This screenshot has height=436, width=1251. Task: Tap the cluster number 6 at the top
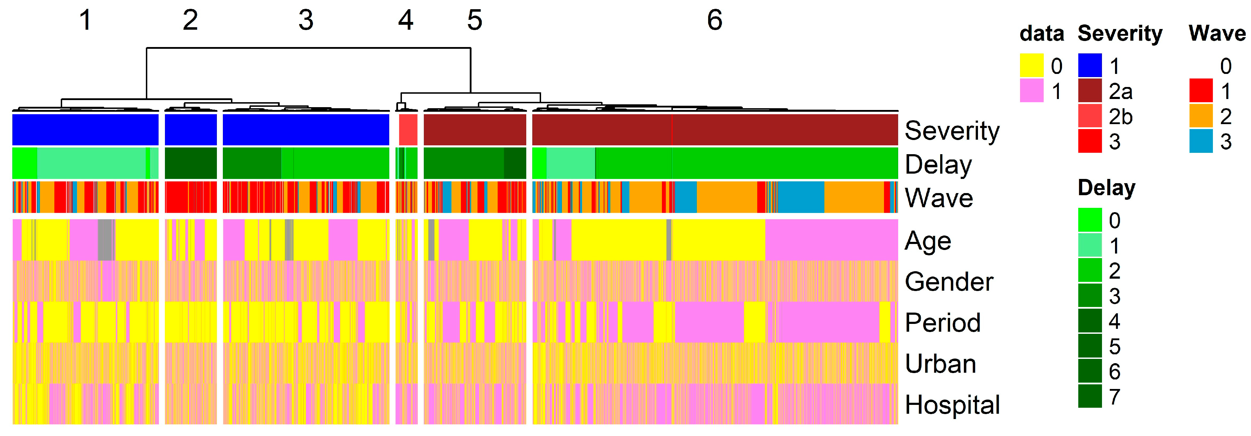715,21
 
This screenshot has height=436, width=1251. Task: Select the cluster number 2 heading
190,21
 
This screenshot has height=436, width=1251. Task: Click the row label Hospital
952,405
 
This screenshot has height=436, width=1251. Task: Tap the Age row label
927,241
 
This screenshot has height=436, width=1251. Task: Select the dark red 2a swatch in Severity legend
1090,91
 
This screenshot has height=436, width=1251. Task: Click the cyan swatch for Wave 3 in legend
1201,141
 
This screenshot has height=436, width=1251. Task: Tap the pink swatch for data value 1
1031,91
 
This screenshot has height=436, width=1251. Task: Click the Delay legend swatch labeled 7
1090,396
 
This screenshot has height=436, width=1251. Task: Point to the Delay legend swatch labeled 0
1090,220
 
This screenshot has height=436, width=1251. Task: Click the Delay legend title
1106,188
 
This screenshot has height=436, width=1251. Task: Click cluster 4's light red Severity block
408,129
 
